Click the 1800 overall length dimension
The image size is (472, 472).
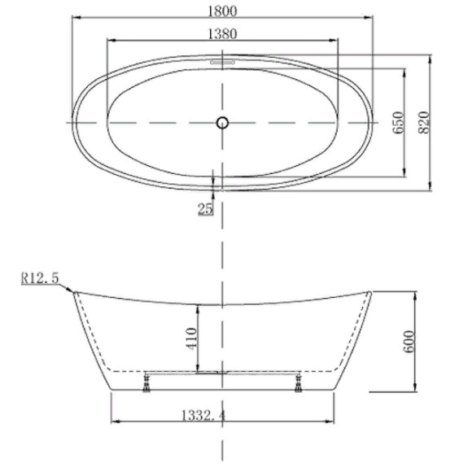click(222, 11)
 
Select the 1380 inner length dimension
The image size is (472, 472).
click(222, 33)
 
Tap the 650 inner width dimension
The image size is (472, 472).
click(398, 123)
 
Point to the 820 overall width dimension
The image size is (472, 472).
click(424, 123)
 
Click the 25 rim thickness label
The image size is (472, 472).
click(205, 208)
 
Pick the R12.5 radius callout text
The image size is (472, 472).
click(40, 278)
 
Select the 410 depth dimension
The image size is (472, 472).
click(192, 339)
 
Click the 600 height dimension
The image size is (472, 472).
click(409, 342)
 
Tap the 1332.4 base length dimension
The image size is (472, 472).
click(203, 416)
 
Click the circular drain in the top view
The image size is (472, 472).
click(222, 123)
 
